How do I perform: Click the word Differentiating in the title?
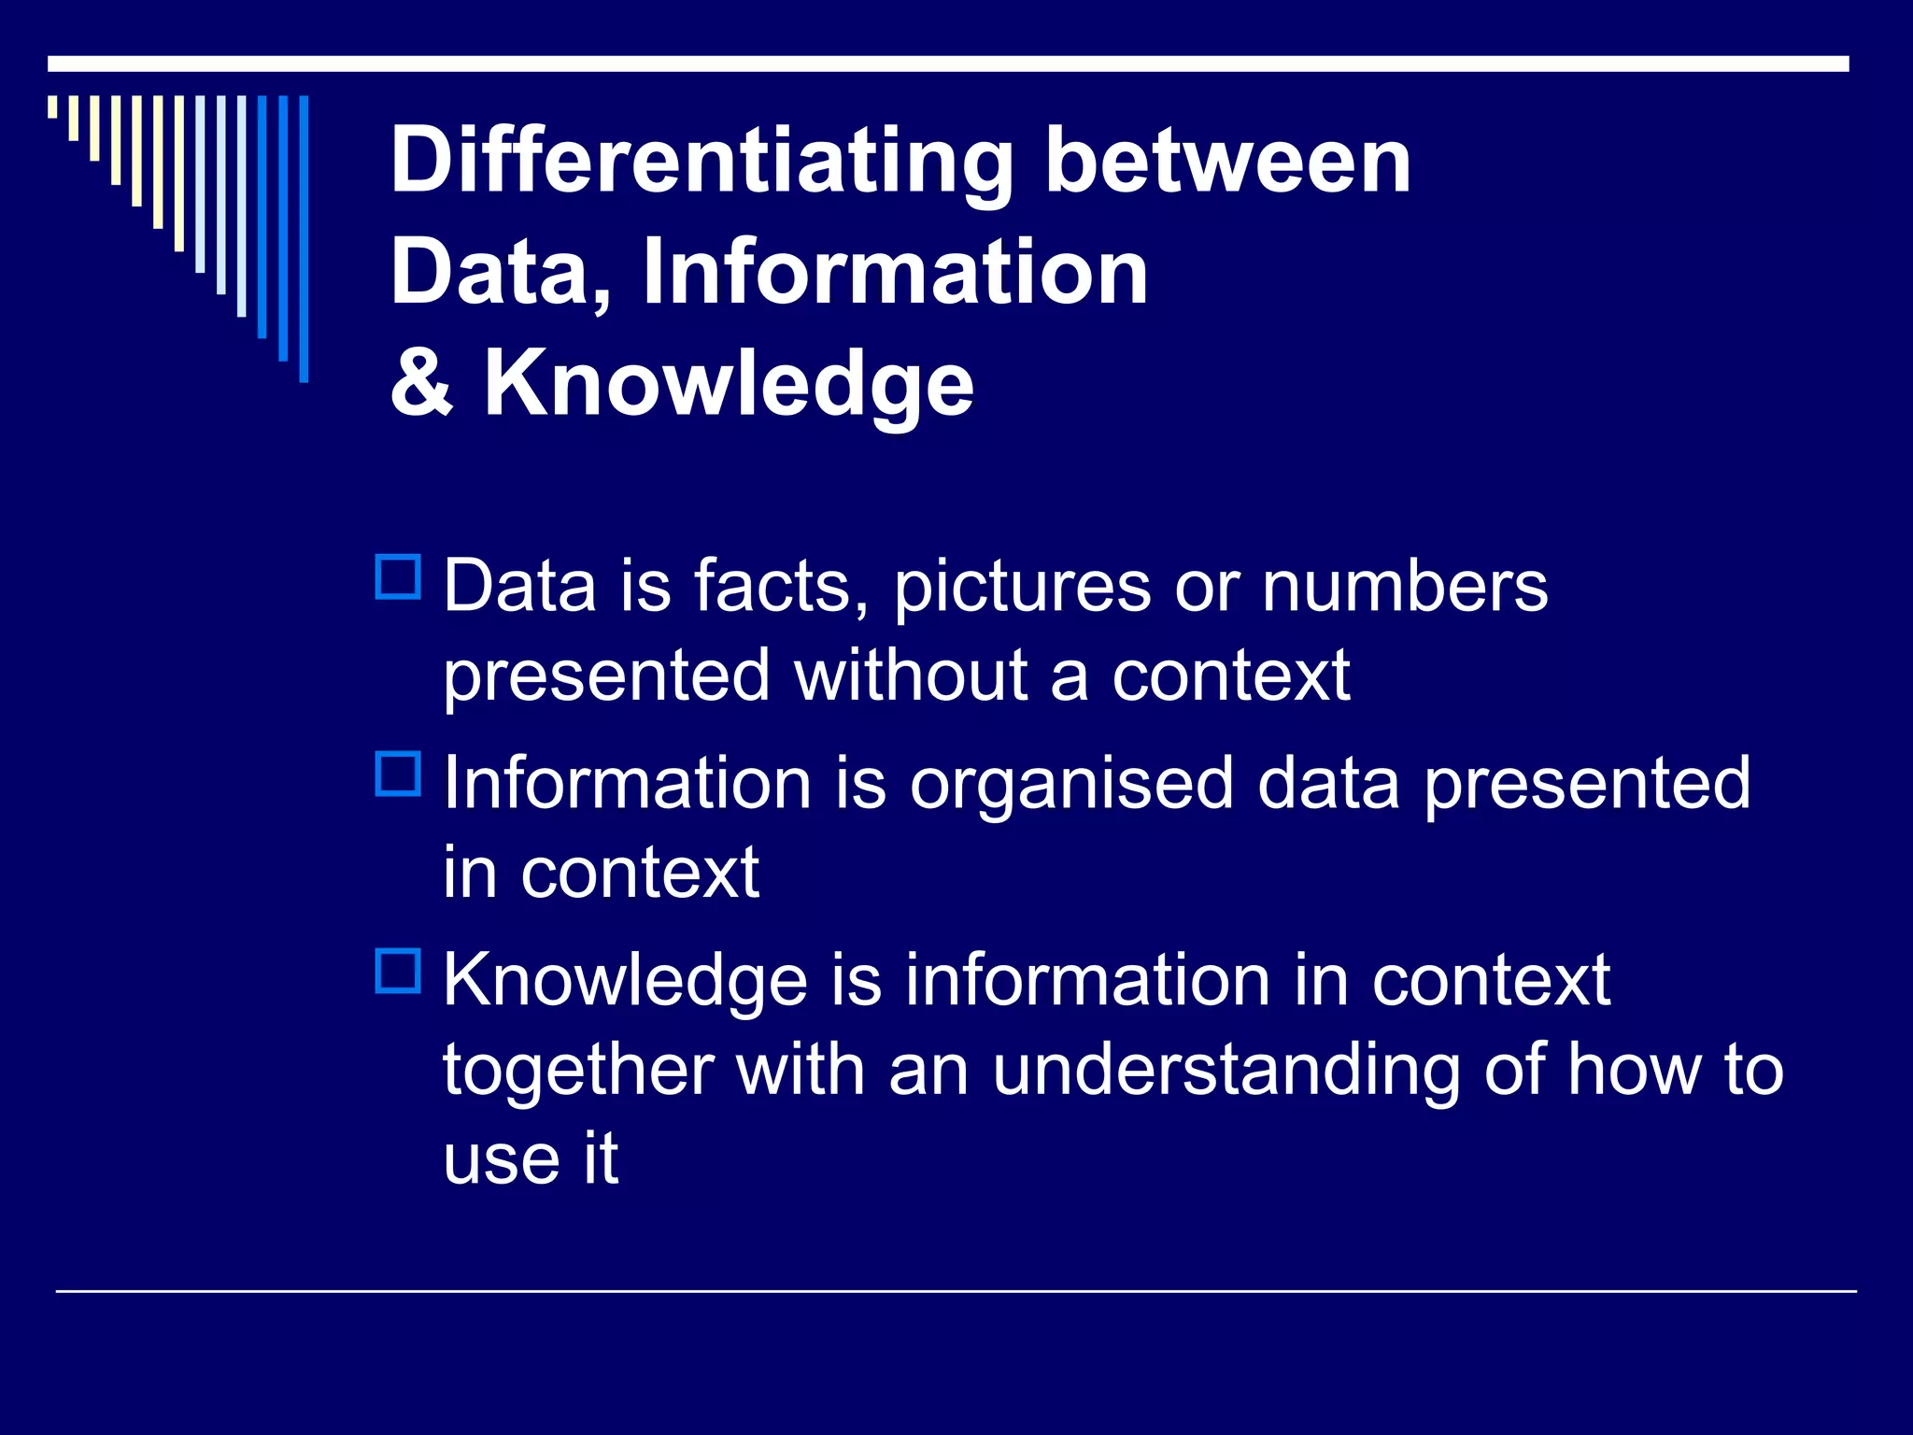[x=701, y=163]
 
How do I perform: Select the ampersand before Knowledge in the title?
[x=422, y=383]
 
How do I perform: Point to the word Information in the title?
[x=895, y=272]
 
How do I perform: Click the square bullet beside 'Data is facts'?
[x=398, y=576]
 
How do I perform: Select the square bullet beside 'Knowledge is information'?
[x=398, y=971]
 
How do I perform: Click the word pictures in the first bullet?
[x=1022, y=589]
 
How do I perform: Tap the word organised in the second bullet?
[x=1071, y=785]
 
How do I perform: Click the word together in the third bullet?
[x=578, y=1071]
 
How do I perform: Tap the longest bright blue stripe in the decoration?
[x=304, y=238]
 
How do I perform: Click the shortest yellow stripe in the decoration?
[x=52, y=107]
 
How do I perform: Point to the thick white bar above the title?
[x=947, y=64]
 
